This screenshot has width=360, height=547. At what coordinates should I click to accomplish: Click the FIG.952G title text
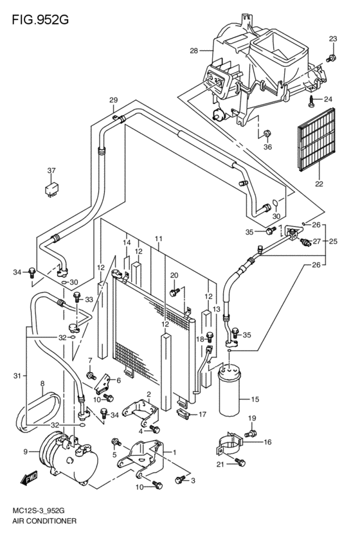40,19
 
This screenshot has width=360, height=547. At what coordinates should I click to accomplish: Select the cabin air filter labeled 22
316,140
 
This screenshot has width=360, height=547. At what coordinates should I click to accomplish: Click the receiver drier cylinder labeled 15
230,390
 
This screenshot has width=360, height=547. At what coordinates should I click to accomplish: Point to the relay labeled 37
51,189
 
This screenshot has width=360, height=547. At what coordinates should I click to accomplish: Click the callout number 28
194,51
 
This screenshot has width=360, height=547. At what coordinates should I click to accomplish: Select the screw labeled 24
312,101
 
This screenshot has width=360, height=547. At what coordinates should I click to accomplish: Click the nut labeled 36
267,133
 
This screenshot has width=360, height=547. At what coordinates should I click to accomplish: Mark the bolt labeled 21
240,462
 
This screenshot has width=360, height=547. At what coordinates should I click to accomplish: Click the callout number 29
113,100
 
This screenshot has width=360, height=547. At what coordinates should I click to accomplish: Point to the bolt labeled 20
174,292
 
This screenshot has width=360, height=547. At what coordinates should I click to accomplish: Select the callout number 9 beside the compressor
25,452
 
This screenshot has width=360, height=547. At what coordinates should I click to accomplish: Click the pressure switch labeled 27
305,242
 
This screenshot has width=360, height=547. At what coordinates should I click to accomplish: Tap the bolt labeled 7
91,375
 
